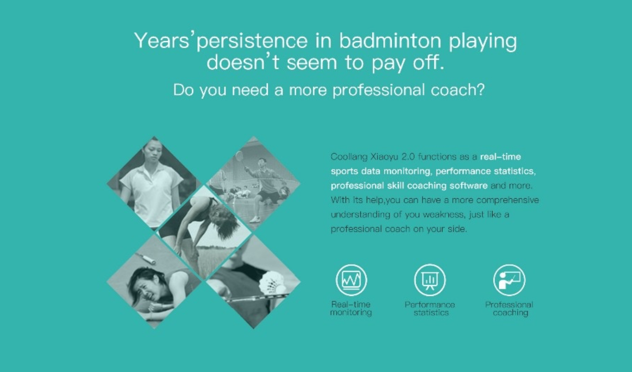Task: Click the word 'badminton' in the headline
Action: click(x=390, y=40)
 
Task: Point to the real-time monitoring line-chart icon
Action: click(x=351, y=280)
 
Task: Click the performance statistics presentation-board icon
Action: click(x=430, y=280)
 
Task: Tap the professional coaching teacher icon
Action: click(x=509, y=280)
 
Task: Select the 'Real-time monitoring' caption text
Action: click(x=351, y=309)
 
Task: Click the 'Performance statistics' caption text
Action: click(x=430, y=309)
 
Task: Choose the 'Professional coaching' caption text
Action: click(x=509, y=309)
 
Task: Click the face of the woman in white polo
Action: click(x=153, y=153)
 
